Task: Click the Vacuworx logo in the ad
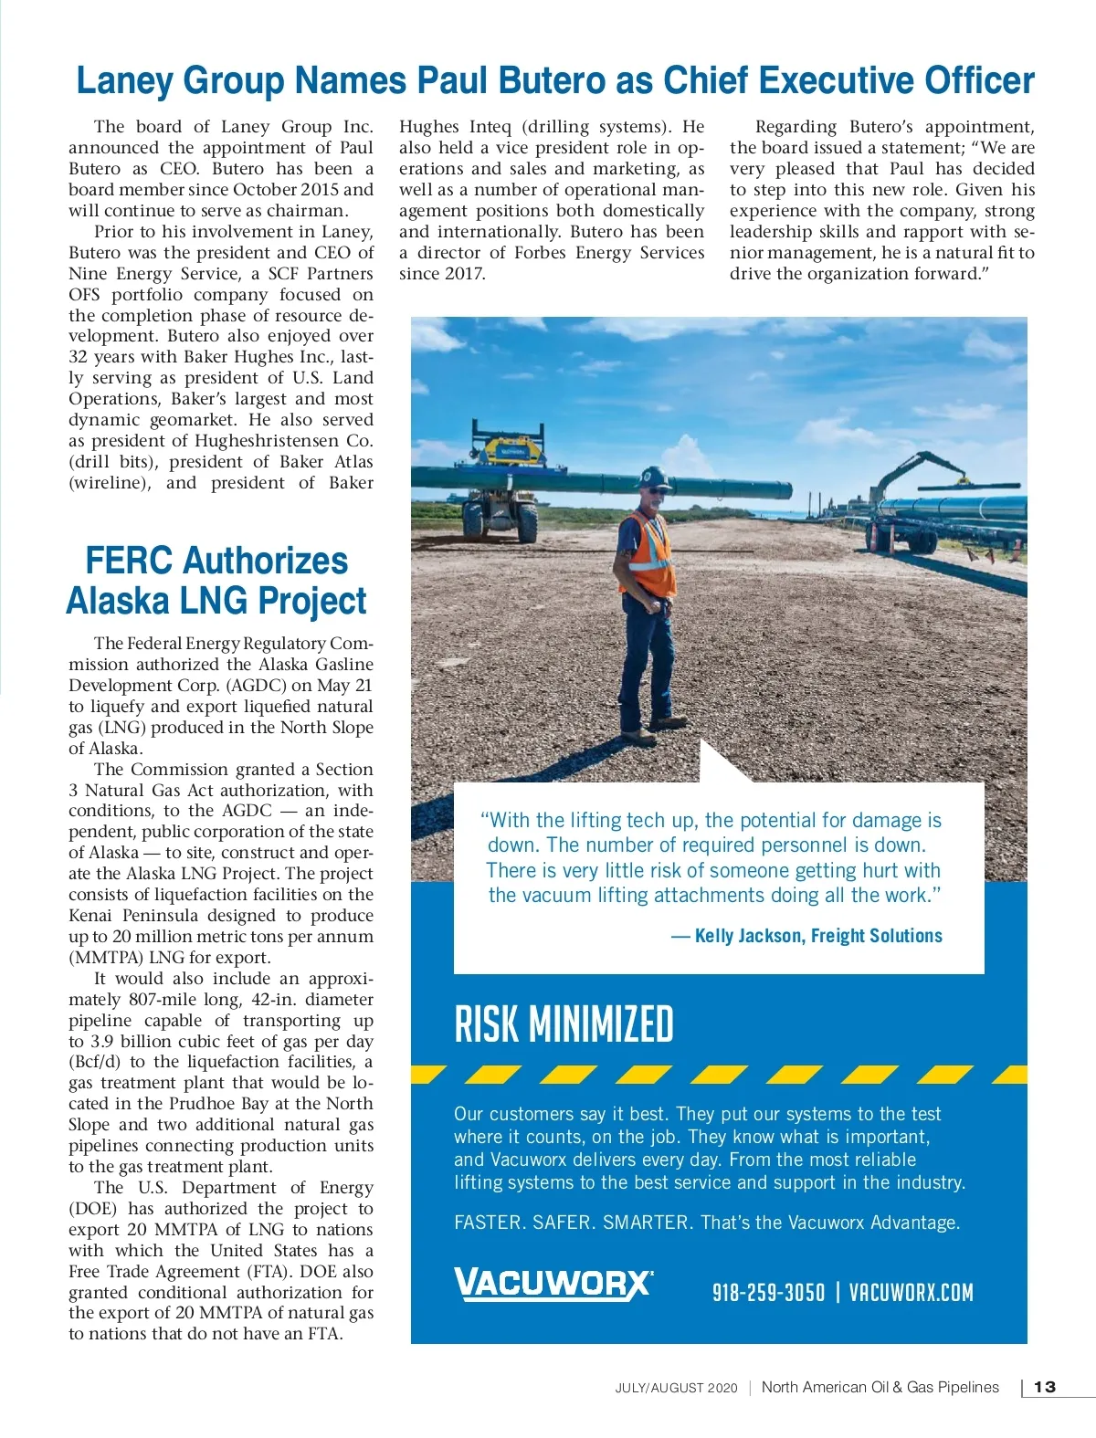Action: [x=553, y=1284]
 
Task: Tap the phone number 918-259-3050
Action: [x=768, y=1293]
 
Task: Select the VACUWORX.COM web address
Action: [x=911, y=1293]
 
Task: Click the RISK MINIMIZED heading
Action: [x=564, y=1024]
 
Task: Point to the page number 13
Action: [x=1045, y=1387]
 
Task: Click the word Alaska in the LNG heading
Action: [x=117, y=602]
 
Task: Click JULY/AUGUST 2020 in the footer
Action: [x=676, y=1388]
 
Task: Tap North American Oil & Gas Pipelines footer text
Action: [x=880, y=1387]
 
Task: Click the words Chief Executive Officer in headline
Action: [x=848, y=81]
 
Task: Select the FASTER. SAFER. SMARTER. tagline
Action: [x=573, y=1223]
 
